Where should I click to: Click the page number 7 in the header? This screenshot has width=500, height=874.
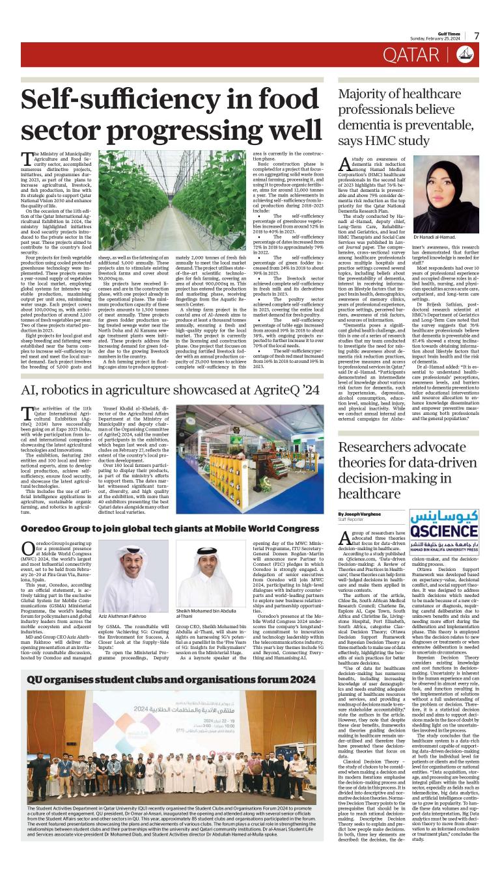pos(476,36)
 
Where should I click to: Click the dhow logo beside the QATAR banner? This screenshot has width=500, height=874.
pos(465,55)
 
